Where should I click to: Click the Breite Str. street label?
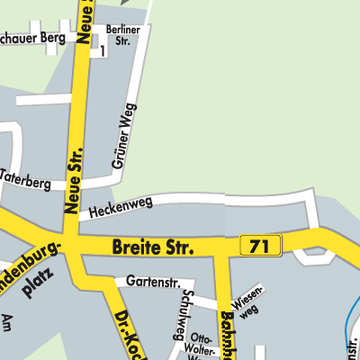[x=153, y=246]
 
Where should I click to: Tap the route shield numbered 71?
[x=261, y=245]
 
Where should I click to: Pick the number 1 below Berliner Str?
[x=102, y=52]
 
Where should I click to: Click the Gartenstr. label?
[x=148, y=282]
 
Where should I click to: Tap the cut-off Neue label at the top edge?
[x=87, y=13]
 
